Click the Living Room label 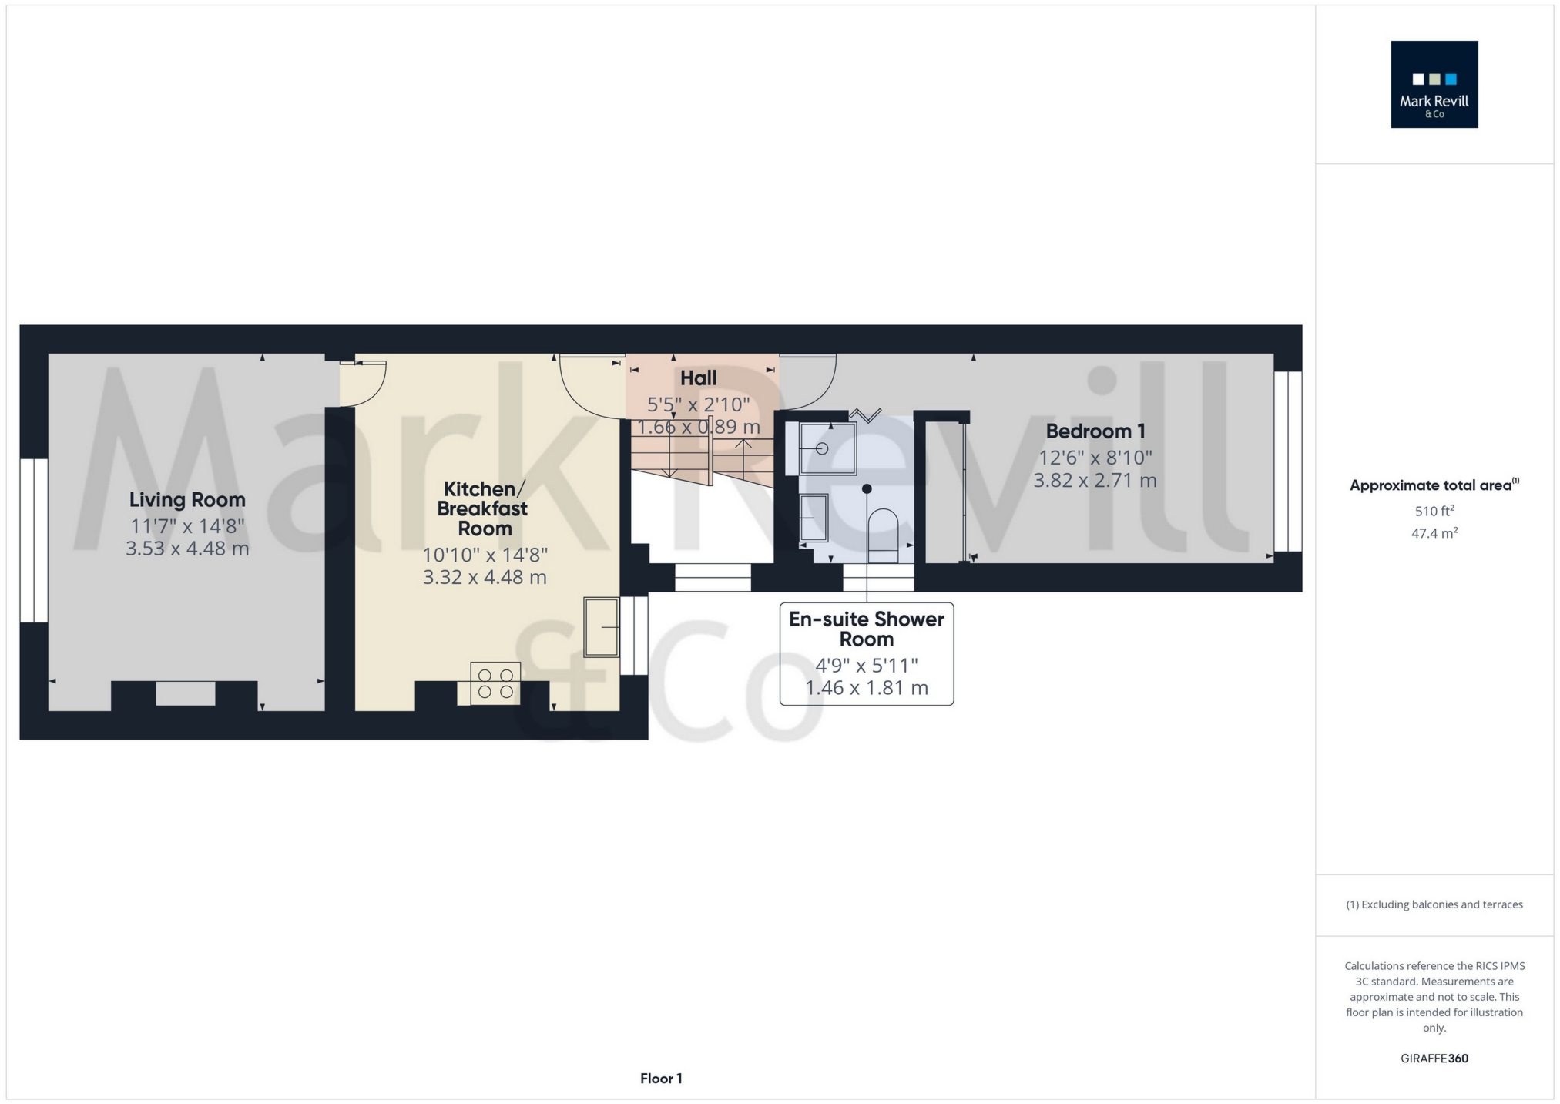(187, 500)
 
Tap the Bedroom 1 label (1095, 431)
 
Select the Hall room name (698, 378)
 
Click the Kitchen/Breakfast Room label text (483, 508)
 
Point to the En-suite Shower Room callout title (867, 629)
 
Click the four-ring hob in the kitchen (495, 683)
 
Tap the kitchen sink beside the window (602, 627)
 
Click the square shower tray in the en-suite (827, 448)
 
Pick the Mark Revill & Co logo (1434, 84)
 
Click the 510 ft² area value (1434, 511)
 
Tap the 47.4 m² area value (1434, 533)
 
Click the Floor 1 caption (661, 1079)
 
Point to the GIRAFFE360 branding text (1434, 1059)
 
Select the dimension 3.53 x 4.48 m (187, 549)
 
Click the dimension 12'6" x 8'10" (1095, 458)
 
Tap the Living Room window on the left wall (34, 541)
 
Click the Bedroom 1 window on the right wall (1288, 461)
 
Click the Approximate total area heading (1434, 485)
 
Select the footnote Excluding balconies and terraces (1434, 904)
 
